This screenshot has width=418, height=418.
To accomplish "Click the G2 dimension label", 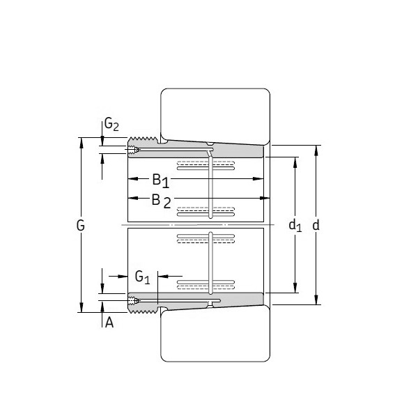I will pos(111,125).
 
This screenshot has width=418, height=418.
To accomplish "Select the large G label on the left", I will pos(81,225).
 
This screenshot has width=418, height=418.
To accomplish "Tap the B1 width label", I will pos(160,180).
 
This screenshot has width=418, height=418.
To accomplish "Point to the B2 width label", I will pos(160,201).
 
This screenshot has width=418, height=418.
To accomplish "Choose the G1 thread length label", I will pos(142,277).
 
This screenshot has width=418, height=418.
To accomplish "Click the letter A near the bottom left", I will pos(109,322).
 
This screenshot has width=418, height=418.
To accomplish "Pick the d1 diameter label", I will pos(295,225).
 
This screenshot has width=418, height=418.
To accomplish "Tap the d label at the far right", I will pos(316,225).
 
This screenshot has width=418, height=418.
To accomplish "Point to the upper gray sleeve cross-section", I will pos(209,148).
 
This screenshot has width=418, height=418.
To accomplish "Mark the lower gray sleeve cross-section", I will pos(209,300).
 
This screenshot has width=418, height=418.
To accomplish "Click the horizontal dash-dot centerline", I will pos(195,226).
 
